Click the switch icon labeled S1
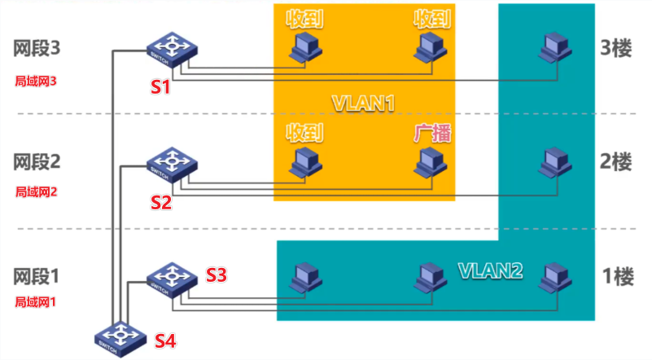(x=173, y=52)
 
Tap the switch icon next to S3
(x=172, y=277)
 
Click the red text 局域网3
(x=39, y=81)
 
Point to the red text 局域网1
(x=39, y=301)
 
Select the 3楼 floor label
(x=616, y=48)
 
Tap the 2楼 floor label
(x=616, y=161)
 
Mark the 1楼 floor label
(x=616, y=276)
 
